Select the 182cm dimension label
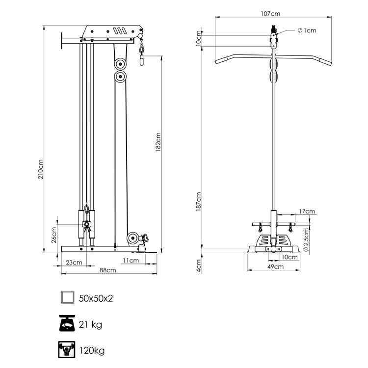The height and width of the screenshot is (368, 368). pyautogui.click(x=158, y=141)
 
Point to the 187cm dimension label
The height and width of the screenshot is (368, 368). pyautogui.click(x=199, y=202)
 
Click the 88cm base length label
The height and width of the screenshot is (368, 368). pyautogui.click(x=107, y=270)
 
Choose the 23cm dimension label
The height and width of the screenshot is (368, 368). pyautogui.click(x=74, y=263)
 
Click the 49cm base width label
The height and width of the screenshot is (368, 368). pyautogui.click(x=275, y=267)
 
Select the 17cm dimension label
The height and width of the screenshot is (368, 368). pyautogui.click(x=307, y=211)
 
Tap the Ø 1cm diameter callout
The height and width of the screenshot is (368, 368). pyautogui.click(x=307, y=30)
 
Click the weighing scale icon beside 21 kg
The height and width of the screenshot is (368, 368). pyautogui.click(x=67, y=324)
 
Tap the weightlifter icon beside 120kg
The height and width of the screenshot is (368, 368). pyautogui.click(x=67, y=350)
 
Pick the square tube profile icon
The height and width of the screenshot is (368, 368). pyautogui.click(x=67, y=298)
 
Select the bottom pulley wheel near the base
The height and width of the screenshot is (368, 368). pyautogui.click(x=132, y=239)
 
